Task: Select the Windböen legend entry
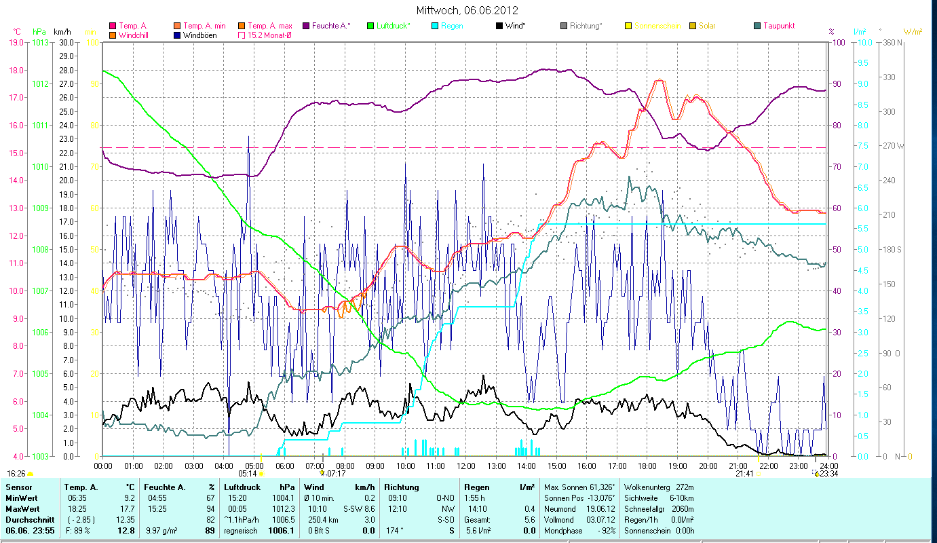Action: [199, 35]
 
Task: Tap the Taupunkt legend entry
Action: [778, 26]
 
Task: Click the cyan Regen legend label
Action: [452, 26]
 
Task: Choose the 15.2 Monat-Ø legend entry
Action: [271, 35]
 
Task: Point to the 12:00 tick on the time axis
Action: [465, 466]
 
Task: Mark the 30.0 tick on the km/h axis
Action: [66, 42]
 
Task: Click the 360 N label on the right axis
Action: [890, 42]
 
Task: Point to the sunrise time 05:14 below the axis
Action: [248, 473]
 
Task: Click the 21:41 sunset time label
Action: [744, 473]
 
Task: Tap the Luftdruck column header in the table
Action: [238, 487]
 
